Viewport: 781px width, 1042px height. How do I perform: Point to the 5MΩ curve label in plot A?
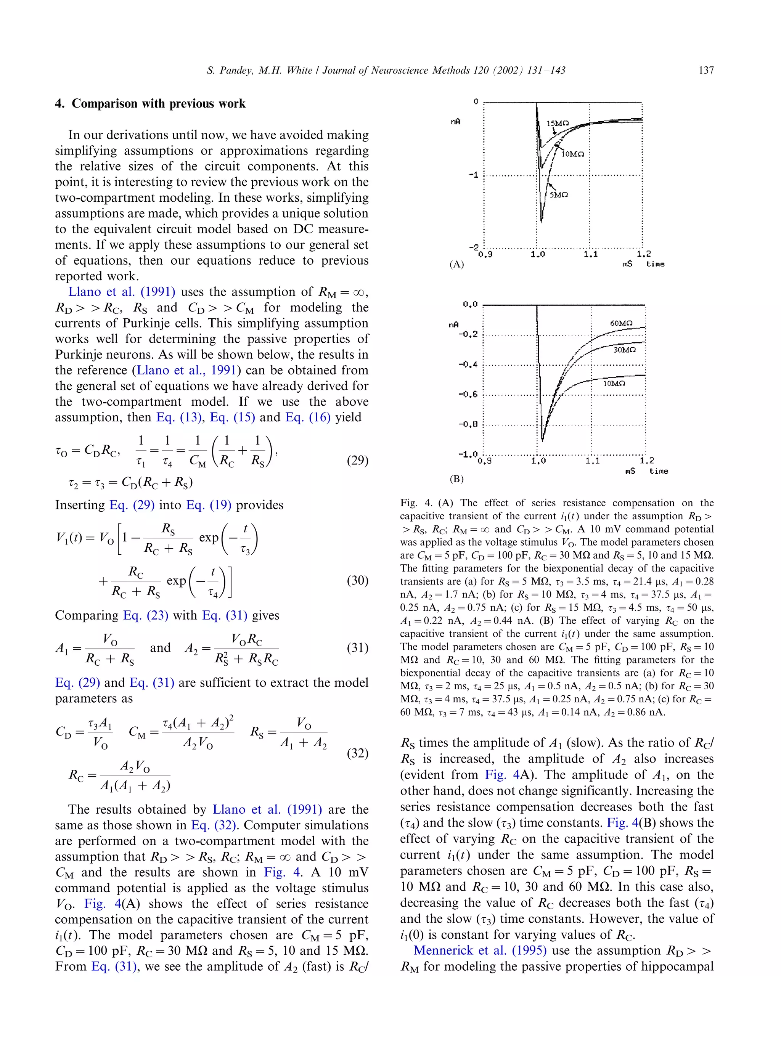click(559, 194)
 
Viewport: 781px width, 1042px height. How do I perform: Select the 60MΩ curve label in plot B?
click(621, 323)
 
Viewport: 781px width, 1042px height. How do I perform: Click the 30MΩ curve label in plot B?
click(625, 350)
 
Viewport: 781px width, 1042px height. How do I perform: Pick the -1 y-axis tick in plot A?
click(473, 175)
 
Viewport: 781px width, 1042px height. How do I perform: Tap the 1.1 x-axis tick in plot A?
click(590, 254)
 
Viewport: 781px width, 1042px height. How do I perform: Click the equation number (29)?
click(357, 460)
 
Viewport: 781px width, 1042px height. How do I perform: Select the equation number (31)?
click(357, 648)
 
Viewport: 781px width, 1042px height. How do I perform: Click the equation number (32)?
click(357, 753)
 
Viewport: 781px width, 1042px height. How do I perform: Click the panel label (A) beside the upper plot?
click(456, 264)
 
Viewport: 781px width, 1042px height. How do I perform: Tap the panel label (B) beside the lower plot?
click(456, 479)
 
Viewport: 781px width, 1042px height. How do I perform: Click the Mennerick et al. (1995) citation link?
click(479, 950)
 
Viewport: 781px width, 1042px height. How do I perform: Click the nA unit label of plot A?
click(455, 122)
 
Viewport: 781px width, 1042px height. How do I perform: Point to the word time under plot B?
click(658, 472)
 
